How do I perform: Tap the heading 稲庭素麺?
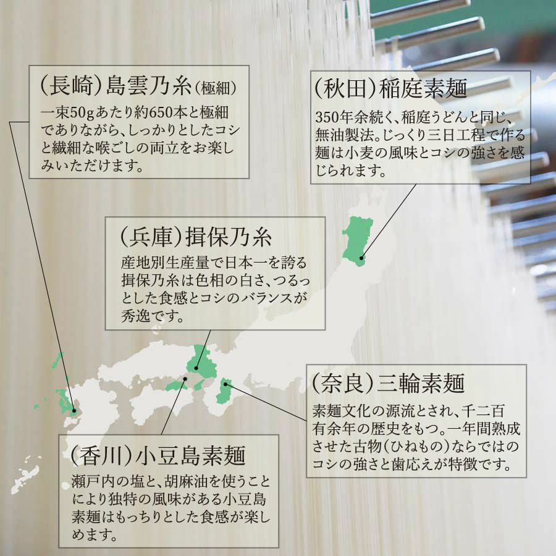[x=423, y=88]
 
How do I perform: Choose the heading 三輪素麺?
[x=421, y=383]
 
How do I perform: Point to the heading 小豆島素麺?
[x=190, y=455]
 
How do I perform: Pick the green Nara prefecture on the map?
[x=224, y=391]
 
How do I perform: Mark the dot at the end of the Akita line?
[x=361, y=258]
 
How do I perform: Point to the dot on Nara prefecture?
[x=225, y=384]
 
